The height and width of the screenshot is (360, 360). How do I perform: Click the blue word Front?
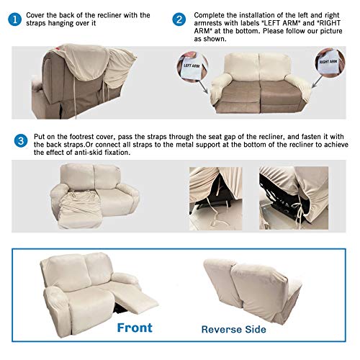point(134,328)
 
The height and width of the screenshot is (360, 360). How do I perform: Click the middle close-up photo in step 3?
point(215,198)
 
